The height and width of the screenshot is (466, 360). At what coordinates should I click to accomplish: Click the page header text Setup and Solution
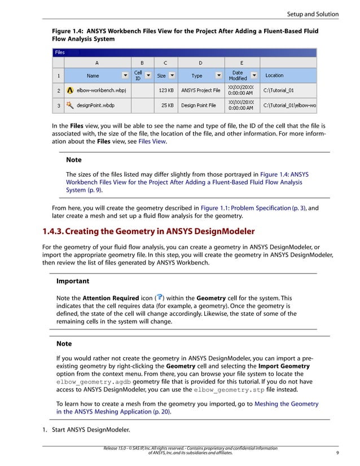pyautogui.click(x=312, y=14)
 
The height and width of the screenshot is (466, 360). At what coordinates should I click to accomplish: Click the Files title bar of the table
pyautogui.click(x=60, y=52)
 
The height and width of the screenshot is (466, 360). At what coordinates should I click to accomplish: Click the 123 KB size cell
pyautogui.click(x=166, y=90)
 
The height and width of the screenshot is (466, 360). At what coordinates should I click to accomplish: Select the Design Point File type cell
pyautogui.click(x=198, y=104)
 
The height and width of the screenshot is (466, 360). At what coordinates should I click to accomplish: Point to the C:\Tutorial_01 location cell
pyautogui.click(x=279, y=90)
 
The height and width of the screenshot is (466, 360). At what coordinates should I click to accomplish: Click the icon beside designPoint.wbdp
pyautogui.click(x=70, y=104)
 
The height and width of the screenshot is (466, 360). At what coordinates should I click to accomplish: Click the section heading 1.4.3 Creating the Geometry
pyautogui.click(x=148, y=231)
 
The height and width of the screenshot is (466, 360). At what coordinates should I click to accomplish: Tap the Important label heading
pyautogui.click(x=73, y=280)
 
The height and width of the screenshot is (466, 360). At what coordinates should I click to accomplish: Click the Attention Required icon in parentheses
pyautogui.click(x=160, y=297)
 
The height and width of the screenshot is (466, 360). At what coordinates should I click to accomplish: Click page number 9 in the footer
pyautogui.click(x=336, y=452)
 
